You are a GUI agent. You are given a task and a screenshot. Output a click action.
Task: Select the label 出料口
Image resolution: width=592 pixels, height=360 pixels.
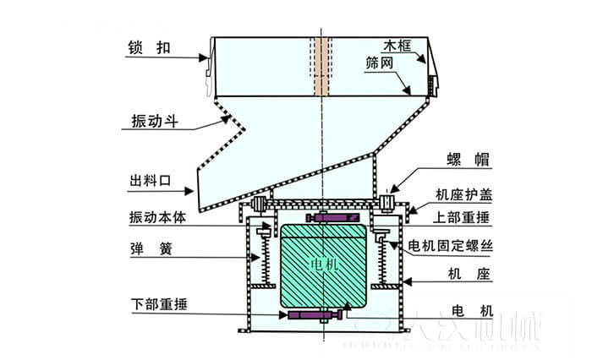click(151, 180)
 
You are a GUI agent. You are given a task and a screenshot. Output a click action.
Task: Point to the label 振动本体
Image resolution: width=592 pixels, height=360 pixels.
click(157, 216)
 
